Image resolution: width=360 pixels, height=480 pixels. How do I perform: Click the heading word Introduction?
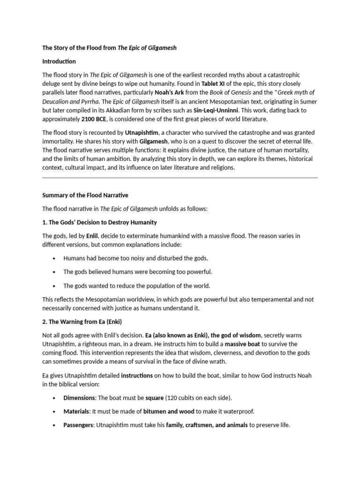[x=59, y=61]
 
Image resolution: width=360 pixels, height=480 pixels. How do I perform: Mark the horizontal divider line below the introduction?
[x=180, y=178]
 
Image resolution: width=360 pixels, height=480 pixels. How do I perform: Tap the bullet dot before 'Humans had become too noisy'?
[x=55, y=258]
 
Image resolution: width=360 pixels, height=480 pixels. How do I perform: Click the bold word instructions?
[x=137, y=375]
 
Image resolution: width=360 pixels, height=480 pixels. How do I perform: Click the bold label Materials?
[x=76, y=411]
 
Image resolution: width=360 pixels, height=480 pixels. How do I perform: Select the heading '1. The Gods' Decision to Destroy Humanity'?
[x=100, y=222]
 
